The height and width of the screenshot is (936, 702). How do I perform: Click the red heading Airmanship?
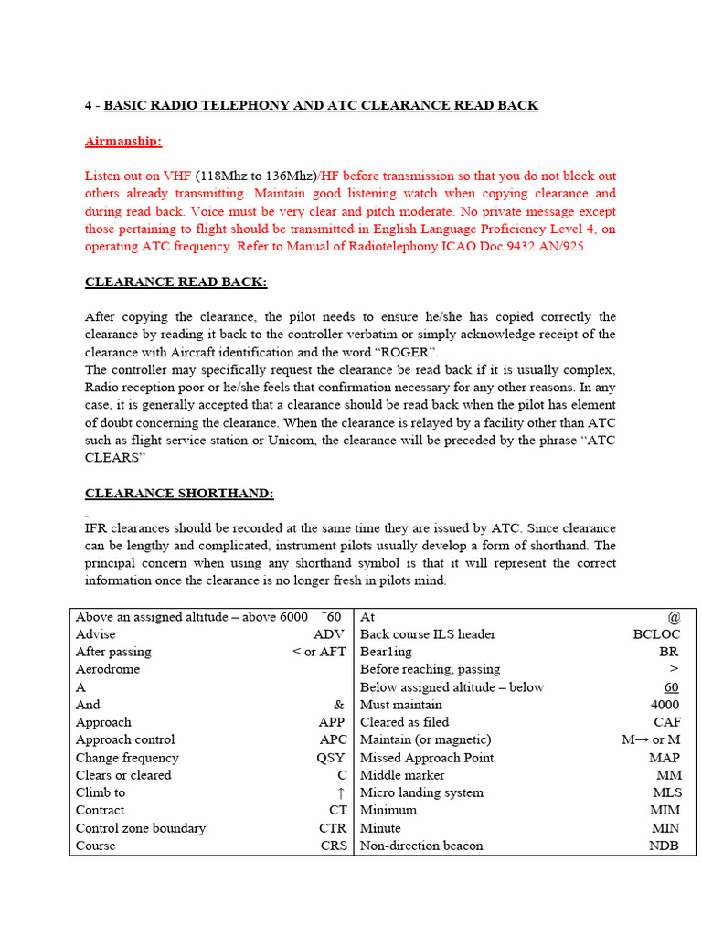122,141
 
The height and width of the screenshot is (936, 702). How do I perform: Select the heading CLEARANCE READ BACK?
175,282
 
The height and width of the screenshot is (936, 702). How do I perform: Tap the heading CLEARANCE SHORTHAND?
179,494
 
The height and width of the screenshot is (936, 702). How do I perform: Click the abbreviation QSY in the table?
331,758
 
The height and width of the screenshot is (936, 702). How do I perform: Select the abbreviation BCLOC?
656,634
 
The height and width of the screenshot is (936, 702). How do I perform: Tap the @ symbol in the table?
674,617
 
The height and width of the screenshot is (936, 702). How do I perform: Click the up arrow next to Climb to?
340,793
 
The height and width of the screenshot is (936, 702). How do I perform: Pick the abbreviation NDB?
664,846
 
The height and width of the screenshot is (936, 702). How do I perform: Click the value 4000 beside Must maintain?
665,705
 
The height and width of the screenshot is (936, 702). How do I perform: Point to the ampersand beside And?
339,705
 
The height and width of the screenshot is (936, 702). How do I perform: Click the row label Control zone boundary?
141,828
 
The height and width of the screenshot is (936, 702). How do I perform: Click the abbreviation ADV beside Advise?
329,634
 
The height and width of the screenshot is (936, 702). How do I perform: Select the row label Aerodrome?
108,669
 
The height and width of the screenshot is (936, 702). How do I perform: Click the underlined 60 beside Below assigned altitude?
672,687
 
